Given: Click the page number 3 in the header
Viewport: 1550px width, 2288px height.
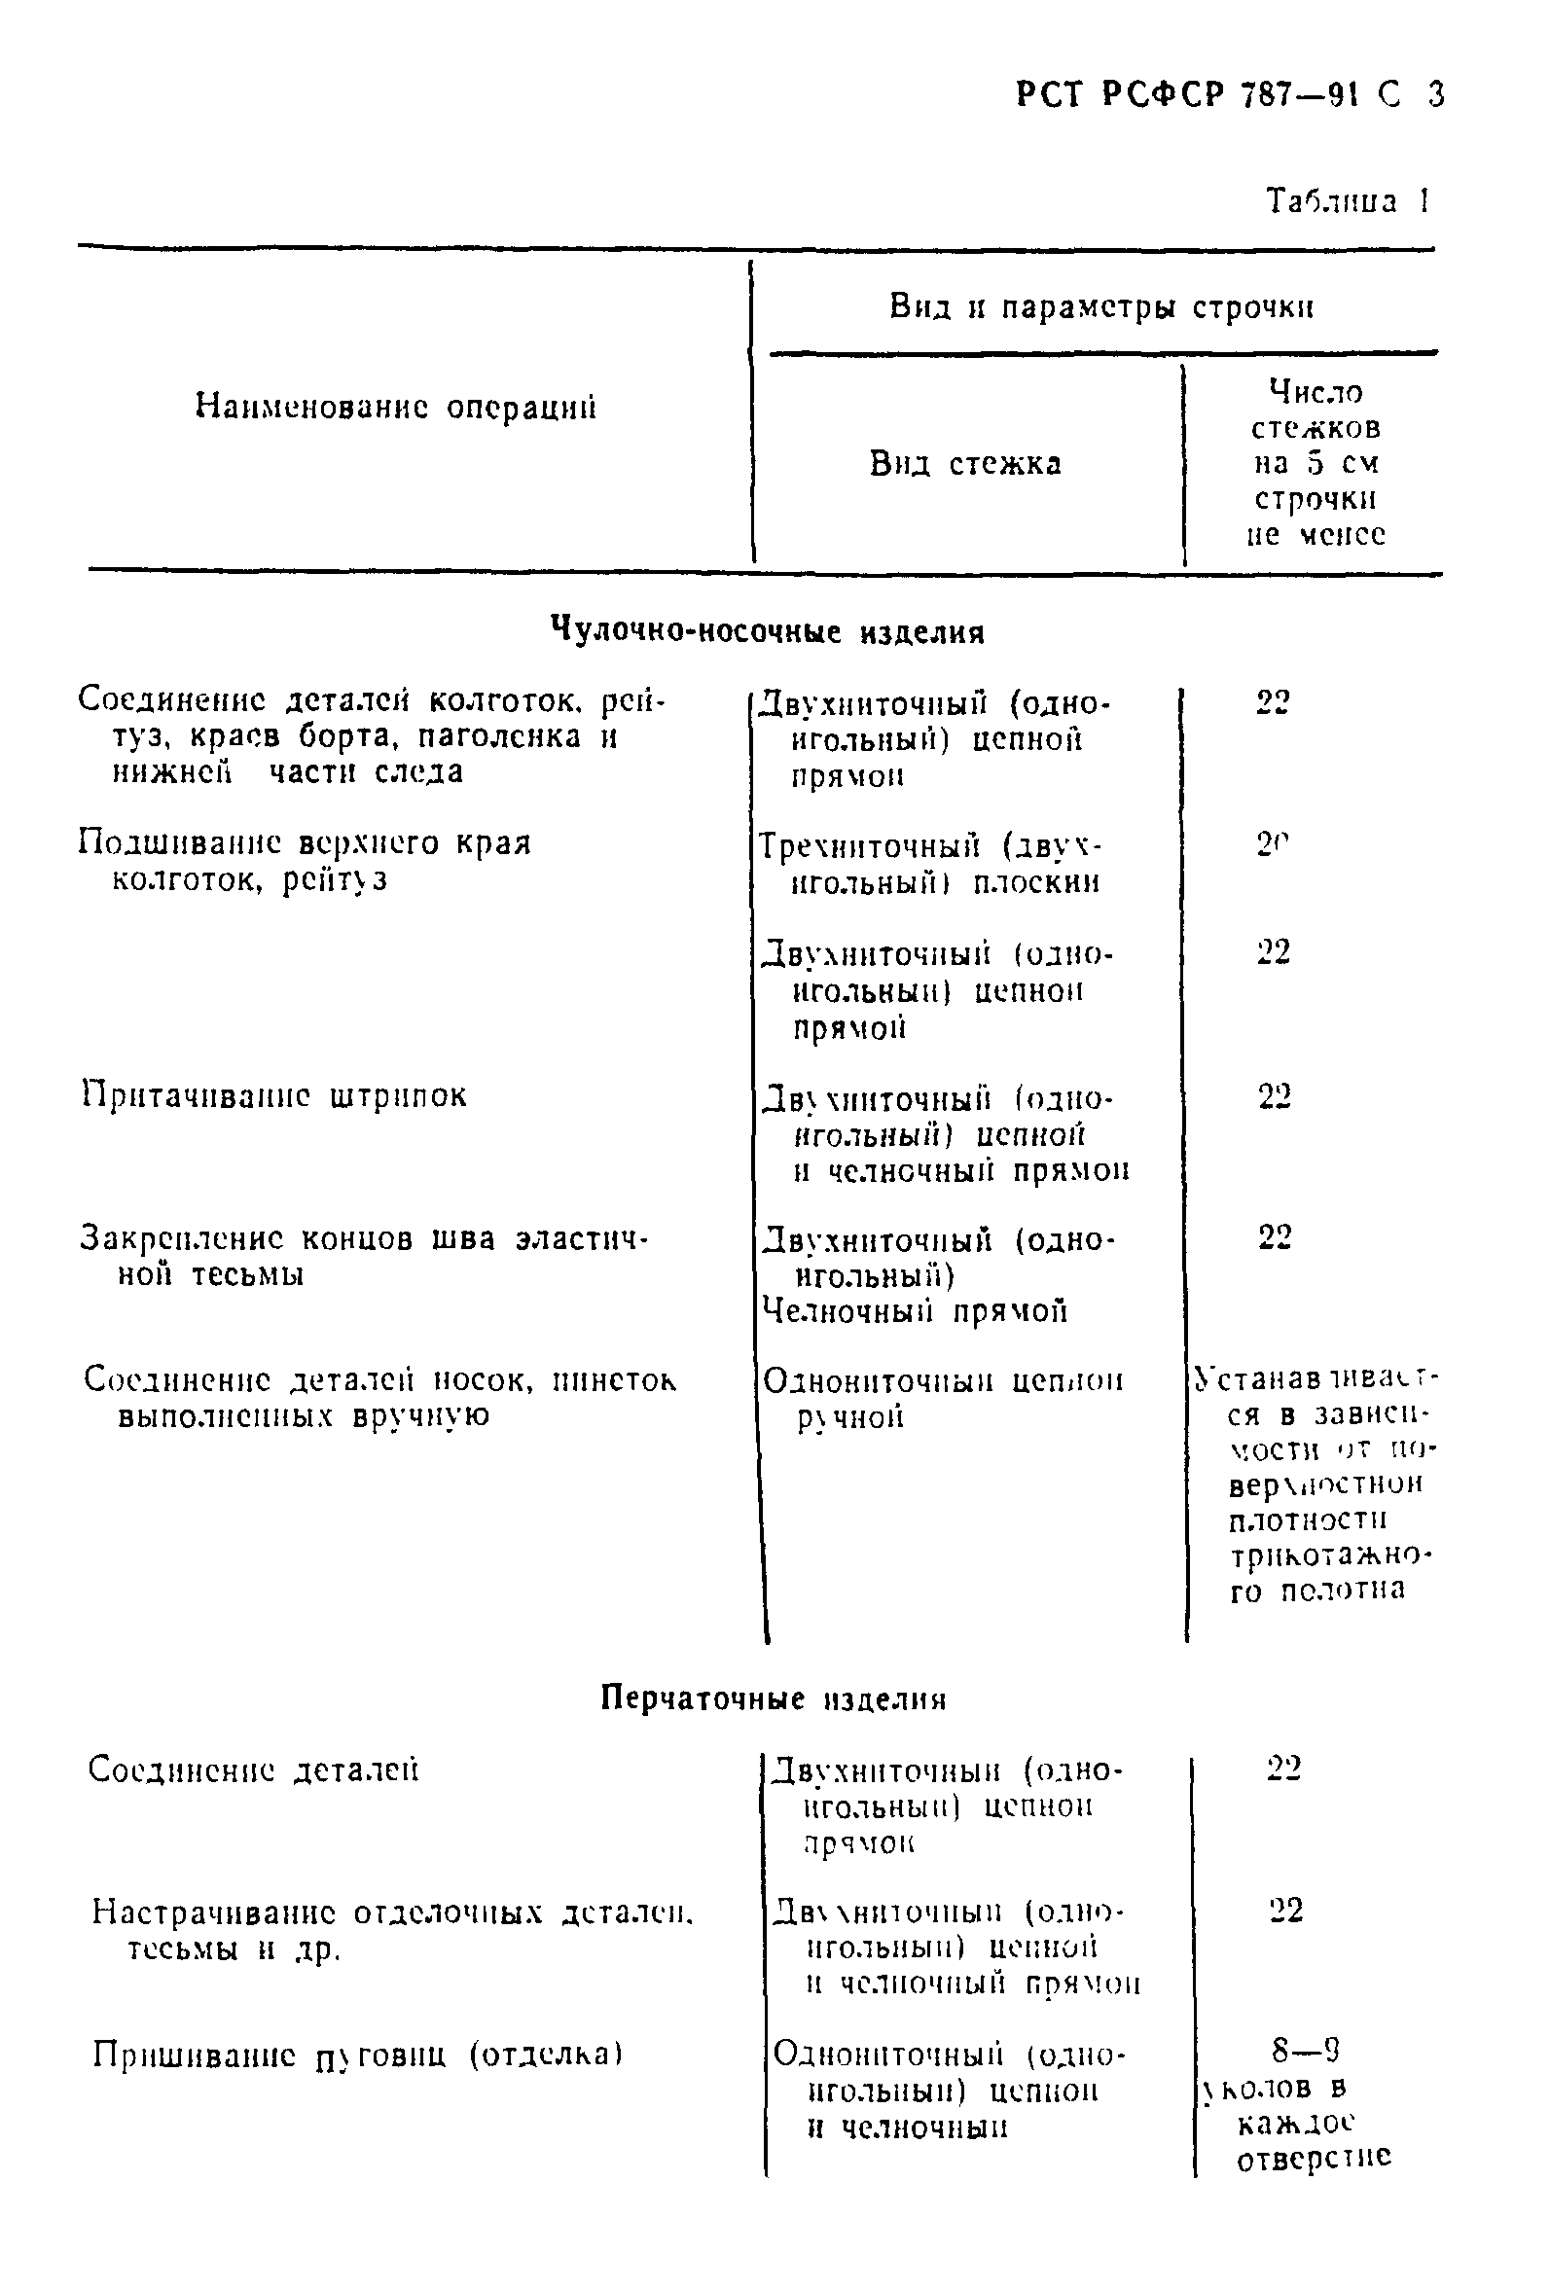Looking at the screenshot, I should [x=1435, y=95].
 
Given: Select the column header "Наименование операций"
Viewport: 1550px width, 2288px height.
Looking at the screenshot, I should [x=396, y=407].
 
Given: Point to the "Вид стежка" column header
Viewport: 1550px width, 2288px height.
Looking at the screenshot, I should [x=965, y=463].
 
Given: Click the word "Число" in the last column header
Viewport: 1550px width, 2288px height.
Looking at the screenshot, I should [x=1316, y=393].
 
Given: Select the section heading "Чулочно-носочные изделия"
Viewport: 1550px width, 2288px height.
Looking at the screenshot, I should [x=767, y=631].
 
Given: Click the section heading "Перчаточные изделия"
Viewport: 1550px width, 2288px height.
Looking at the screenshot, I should [x=773, y=1699].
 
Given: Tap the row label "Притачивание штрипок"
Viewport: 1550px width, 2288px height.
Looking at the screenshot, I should [x=273, y=1095].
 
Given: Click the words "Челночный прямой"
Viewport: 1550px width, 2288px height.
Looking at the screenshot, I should [x=915, y=1311].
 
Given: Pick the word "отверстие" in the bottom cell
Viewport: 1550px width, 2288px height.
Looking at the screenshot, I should [x=1314, y=2159].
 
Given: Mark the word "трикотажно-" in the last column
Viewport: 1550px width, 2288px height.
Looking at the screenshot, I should [x=1329, y=1555].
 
